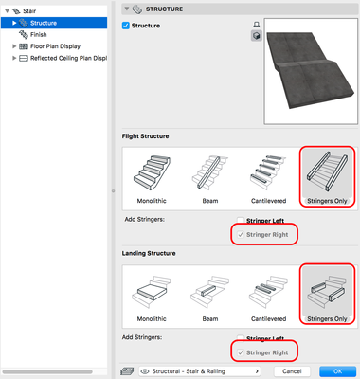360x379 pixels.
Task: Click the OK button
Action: click(337, 371)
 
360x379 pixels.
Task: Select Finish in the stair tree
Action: click(38, 34)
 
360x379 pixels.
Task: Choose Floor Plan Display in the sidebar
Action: click(55, 46)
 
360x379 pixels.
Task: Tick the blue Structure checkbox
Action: click(126, 26)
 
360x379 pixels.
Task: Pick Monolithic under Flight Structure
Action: click(152, 178)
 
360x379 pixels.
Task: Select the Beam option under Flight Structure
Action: click(210, 178)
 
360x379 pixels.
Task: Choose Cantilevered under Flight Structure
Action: click(268, 178)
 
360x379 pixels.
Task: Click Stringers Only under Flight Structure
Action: click(327, 177)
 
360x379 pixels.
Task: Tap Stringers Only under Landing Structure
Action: click(327, 296)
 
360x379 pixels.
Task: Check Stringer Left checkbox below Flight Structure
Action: click(241, 220)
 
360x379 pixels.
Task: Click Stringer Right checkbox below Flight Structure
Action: click(241, 235)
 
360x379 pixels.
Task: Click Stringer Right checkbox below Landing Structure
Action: click(241, 352)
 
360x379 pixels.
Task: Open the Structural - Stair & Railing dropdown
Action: click(200, 371)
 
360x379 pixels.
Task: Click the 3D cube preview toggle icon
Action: click(257, 36)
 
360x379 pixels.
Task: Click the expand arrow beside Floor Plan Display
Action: click(14, 46)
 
